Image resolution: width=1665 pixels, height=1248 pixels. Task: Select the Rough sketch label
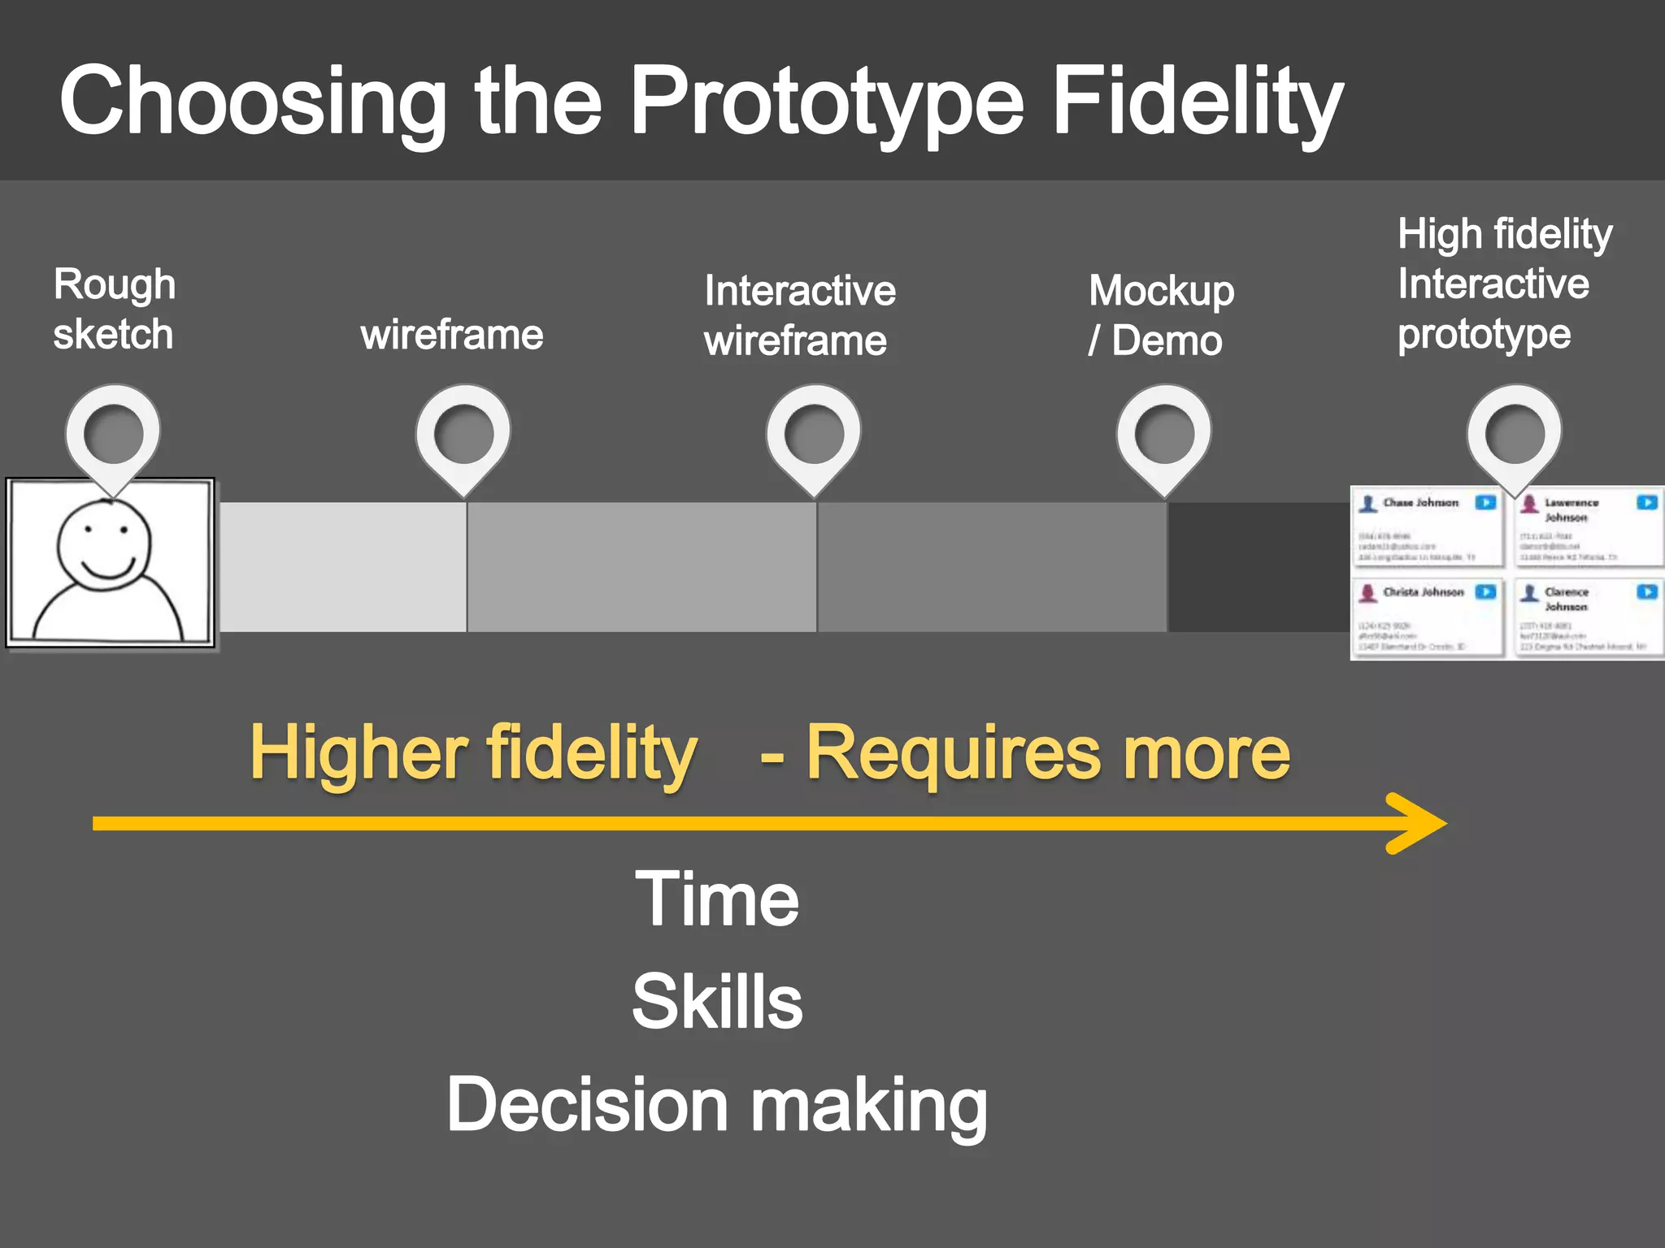(114, 309)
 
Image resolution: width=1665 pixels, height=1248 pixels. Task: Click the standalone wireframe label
(452, 334)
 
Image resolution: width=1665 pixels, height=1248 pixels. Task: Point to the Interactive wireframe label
(799, 315)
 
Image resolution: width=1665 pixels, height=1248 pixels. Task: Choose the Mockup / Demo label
(1160, 315)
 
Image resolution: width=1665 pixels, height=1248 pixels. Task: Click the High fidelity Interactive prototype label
(1504, 284)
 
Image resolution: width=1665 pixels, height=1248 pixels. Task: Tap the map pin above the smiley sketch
(113, 434)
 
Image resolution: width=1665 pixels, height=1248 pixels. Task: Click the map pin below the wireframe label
(463, 434)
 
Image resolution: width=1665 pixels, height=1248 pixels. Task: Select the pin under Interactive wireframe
(814, 434)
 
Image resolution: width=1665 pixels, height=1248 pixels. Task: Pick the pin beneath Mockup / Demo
(1164, 434)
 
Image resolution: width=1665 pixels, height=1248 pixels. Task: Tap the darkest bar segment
(1259, 566)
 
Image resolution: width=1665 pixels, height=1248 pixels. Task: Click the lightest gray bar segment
(342, 566)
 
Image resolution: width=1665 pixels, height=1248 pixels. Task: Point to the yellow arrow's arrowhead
(1419, 823)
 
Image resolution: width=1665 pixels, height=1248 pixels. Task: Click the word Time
(716, 899)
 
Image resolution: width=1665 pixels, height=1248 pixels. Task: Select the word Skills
(717, 1001)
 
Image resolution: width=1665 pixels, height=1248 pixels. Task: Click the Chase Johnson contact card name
(1420, 503)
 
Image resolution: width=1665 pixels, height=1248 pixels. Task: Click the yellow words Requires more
(1047, 753)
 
